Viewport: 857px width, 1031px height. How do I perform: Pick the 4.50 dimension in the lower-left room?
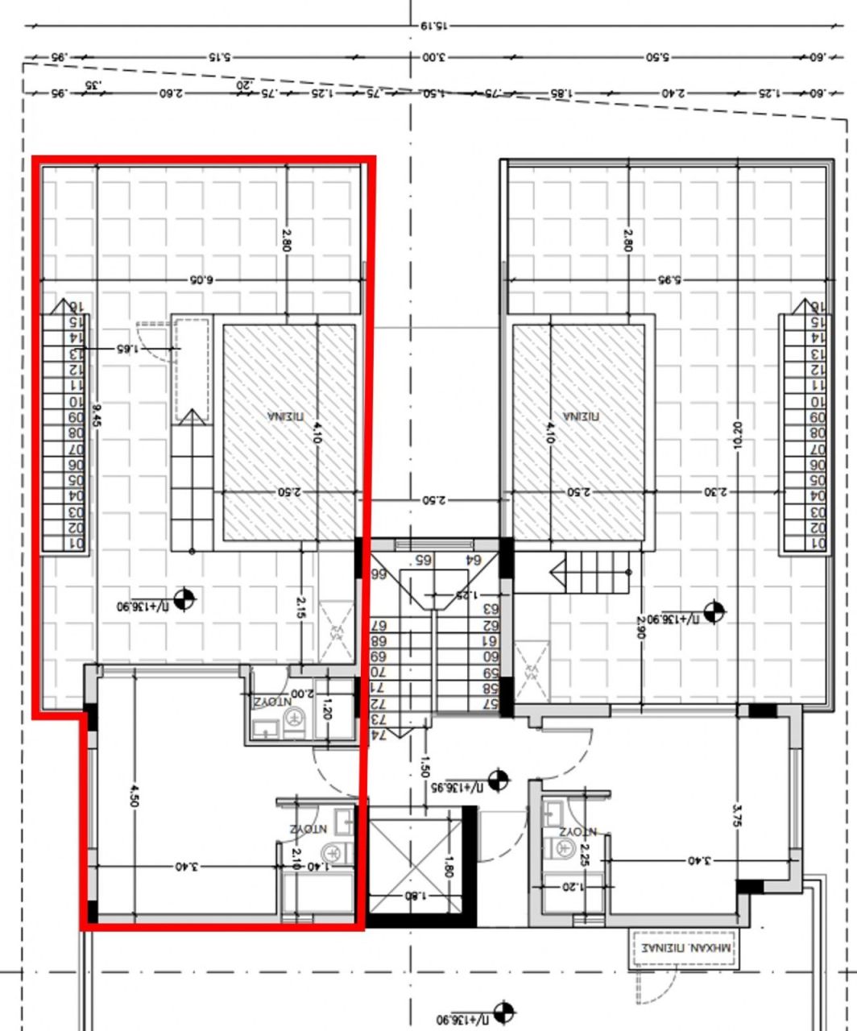[134, 794]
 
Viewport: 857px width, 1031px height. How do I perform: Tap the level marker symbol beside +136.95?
[499, 780]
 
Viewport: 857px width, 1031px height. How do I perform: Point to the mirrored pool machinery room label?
[684, 949]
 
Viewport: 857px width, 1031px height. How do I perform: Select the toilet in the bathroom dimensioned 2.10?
[332, 852]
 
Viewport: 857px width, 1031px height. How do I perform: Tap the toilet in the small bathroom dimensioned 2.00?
[295, 718]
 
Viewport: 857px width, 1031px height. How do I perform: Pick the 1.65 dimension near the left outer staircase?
[127, 349]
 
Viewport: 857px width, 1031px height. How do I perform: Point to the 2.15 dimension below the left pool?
[301, 607]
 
